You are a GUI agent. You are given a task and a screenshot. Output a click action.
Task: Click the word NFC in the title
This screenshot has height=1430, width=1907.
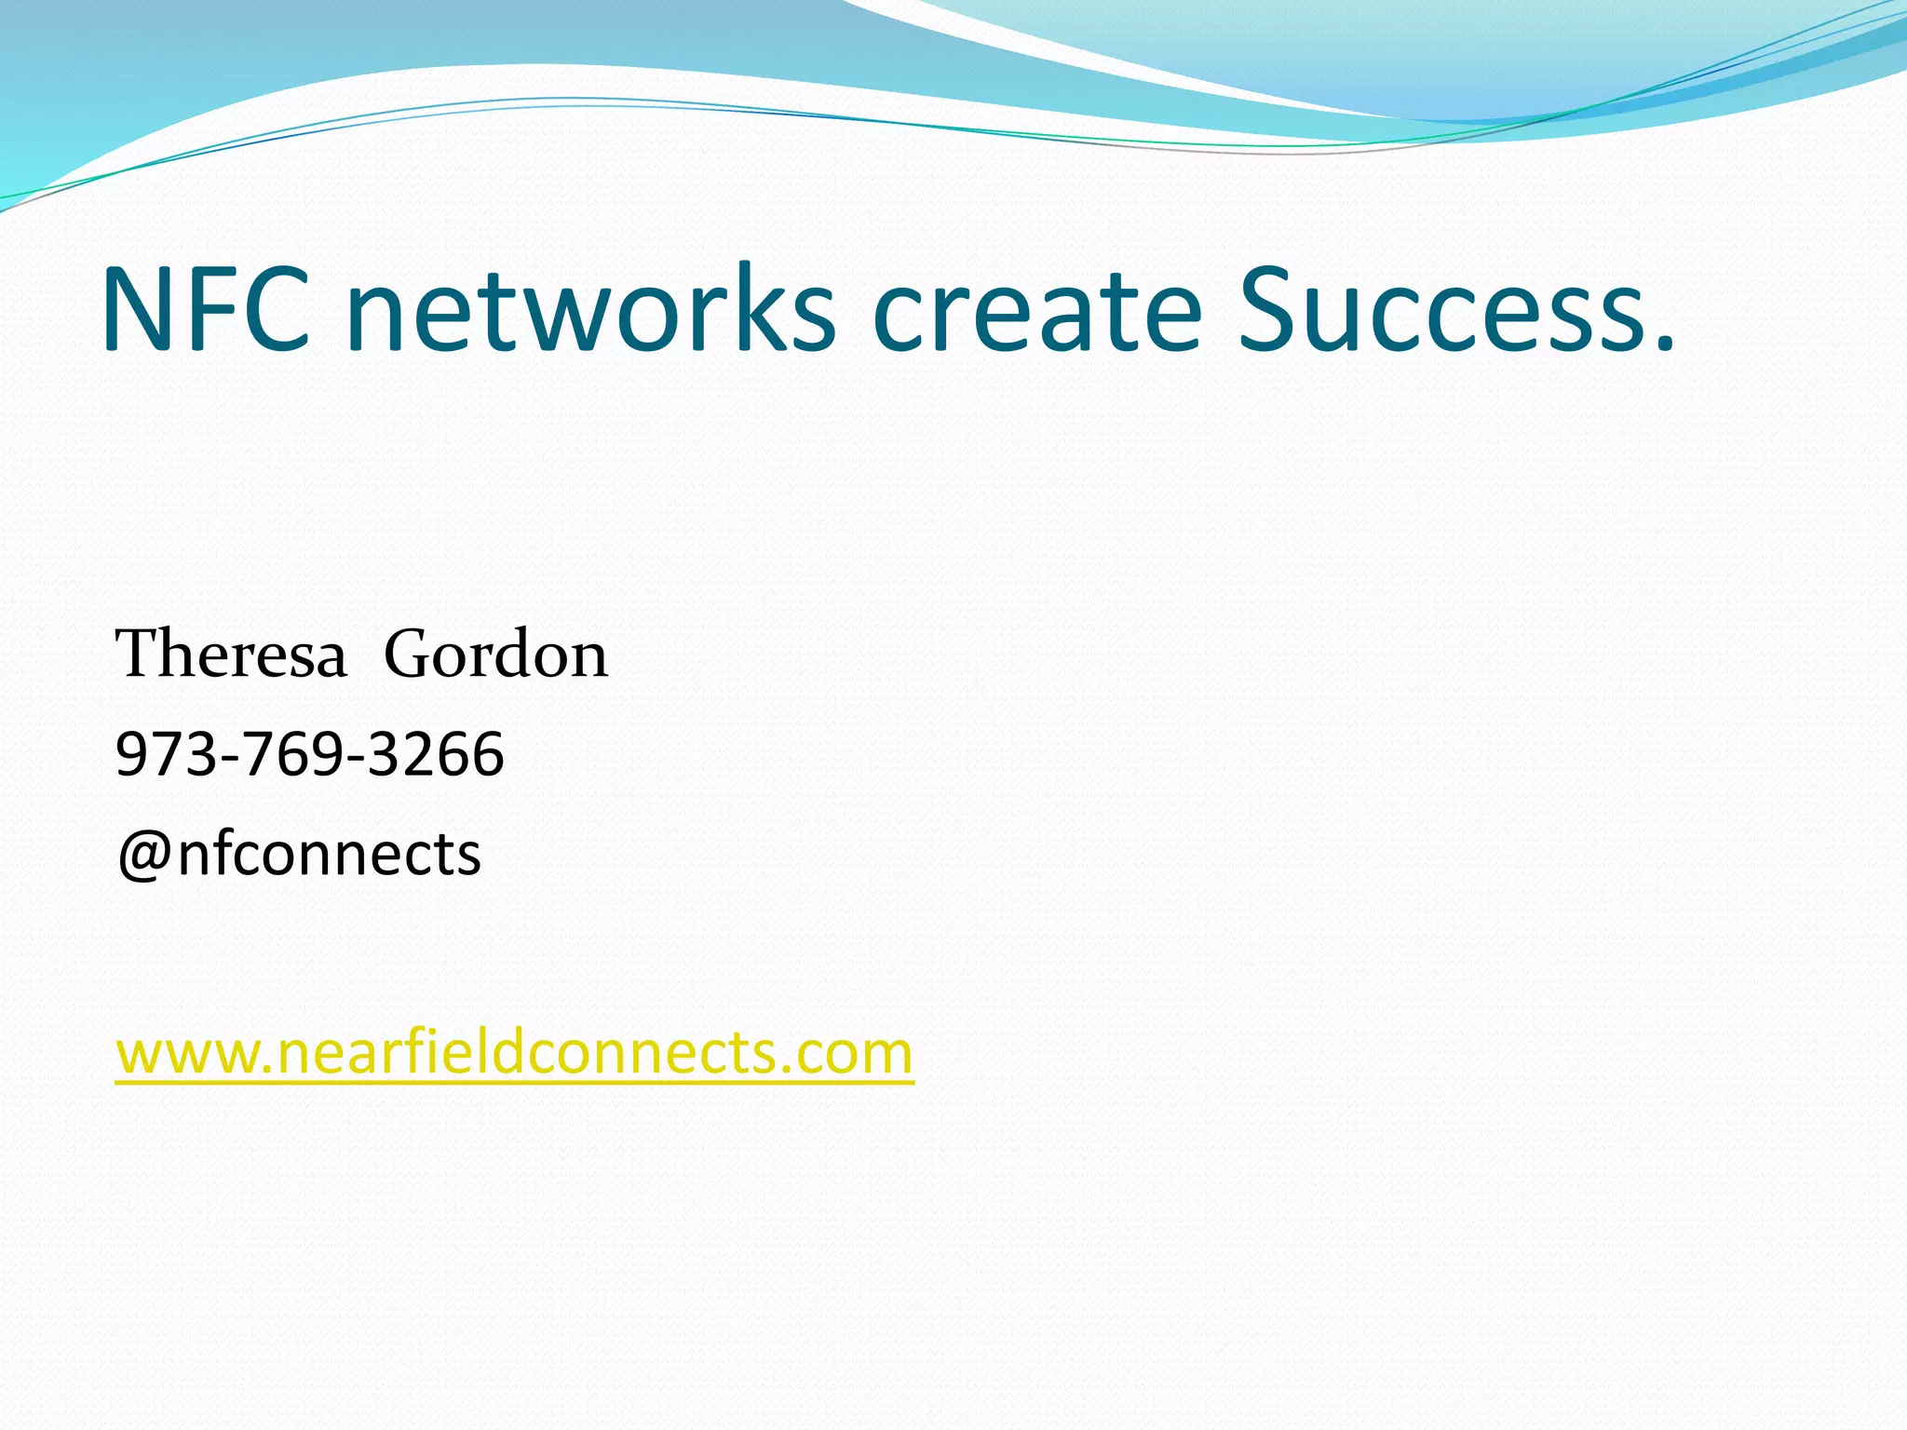click(205, 309)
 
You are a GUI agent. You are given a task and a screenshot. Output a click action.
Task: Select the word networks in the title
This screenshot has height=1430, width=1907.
click(590, 309)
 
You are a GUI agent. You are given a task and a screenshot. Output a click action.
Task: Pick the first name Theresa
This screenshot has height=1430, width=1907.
click(231, 654)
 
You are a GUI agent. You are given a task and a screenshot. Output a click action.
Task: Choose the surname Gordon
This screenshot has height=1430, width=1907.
click(495, 654)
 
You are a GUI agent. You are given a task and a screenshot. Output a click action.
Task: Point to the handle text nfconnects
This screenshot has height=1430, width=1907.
click(329, 855)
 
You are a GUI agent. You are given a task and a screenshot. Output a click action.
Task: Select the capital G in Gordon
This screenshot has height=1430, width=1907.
click(410, 654)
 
